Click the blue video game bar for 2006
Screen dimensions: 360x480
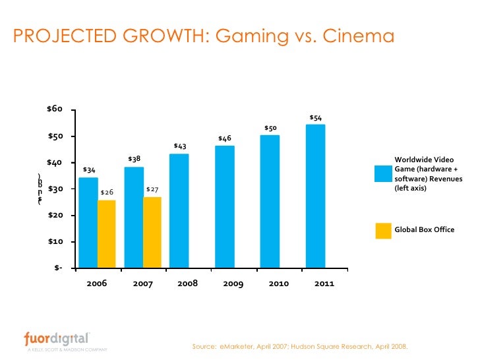pos(88,222)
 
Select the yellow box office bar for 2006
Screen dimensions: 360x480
pos(107,234)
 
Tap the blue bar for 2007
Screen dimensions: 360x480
pos(134,218)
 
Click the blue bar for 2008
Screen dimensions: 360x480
pos(179,211)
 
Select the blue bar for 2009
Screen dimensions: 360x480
pos(225,207)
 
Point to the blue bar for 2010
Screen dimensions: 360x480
pos(270,202)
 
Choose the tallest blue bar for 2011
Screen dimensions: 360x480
pos(316,196)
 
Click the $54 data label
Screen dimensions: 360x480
pos(316,118)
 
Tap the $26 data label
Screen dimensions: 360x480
pos(107,192)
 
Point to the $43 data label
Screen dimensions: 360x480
pos(179,146)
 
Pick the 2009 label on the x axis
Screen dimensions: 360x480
pos(233,284)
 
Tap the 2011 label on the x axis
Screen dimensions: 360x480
pos(324,284)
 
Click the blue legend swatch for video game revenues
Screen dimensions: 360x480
pos(383,173)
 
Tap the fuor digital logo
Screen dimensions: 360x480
pos(55,339)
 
